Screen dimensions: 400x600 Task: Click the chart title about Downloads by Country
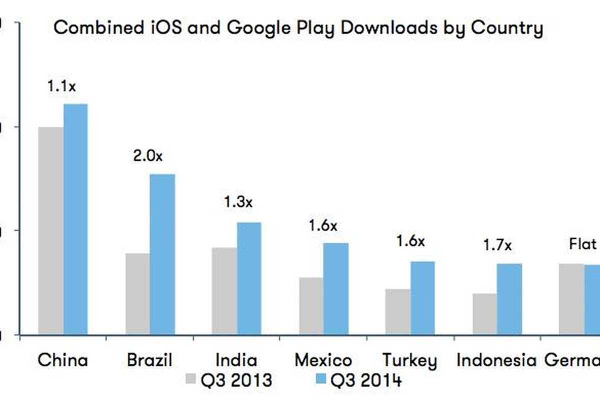click(x=298, y=27)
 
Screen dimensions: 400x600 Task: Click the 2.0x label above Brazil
click(x=148, y=156)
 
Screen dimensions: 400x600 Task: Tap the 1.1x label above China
click(x=61, y=86)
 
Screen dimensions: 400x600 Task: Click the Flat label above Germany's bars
click(x=583, y=244)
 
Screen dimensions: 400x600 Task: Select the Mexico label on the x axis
click(x=323, y=360)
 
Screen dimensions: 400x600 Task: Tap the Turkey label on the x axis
click(x=409, y=360)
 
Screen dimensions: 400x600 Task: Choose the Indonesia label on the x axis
click(x=496, y=360)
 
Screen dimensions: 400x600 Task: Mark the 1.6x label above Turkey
click(x=410, y=241)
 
